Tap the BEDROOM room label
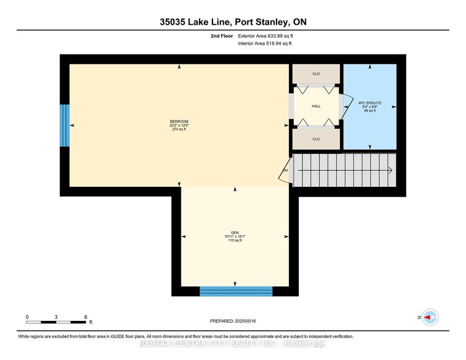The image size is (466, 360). point(179,120)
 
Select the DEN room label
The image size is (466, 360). point(235,233)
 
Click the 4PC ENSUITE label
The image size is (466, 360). point(370,102)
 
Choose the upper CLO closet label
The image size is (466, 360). point(316,74)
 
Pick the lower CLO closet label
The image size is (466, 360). point(316,139)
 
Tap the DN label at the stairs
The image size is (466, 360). point(286,170)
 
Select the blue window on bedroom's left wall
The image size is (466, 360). point(64,125)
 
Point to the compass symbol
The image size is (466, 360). point(429,317)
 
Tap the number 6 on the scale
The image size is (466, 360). point(86,317)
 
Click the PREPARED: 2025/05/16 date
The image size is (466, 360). point(233,322)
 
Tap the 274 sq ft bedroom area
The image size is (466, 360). point(179,130)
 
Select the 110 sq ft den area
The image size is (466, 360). point(235,240)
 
